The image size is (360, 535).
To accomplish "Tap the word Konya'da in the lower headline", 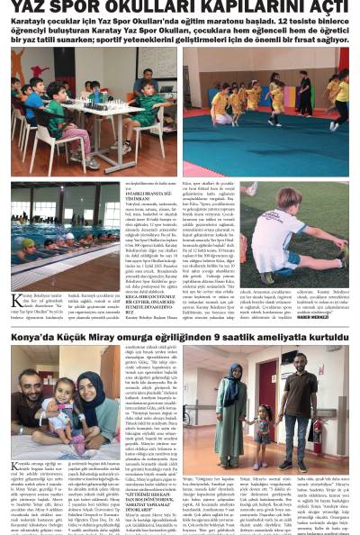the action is pyautogui.click(x=33, y=337).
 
